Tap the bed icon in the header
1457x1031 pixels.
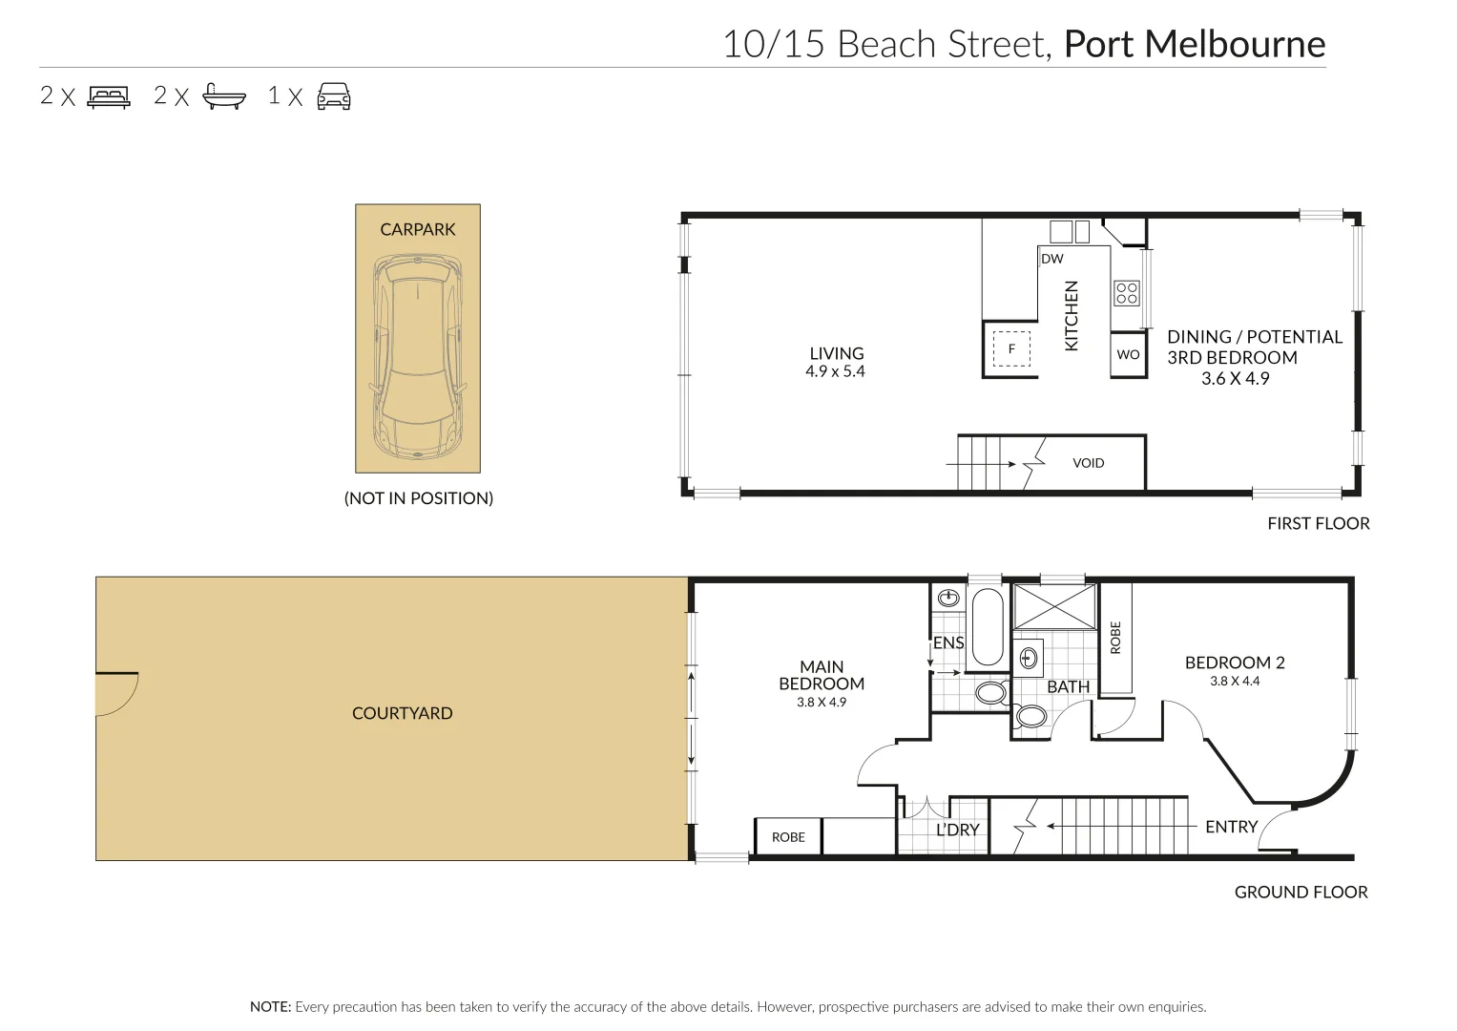tap(109, 96)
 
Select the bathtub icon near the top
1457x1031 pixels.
tap(224, 96)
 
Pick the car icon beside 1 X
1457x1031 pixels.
tap(334, 96)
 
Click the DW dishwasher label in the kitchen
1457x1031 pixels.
tap(1051, 259)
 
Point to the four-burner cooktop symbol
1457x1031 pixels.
tap(1126, 292)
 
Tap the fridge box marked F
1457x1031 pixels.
tap(1011, 349)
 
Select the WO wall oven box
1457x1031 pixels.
tap(1128, 354)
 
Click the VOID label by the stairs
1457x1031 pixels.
tap(1088, 463)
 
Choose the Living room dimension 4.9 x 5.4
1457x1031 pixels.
tap(835, 372)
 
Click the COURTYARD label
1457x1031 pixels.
tap(402, 713)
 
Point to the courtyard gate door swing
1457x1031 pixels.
tap(116, 694)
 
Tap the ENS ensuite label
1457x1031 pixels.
tap(948, 642)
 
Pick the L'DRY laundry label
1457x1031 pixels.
tap(957, 830)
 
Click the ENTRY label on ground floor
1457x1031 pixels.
tap(1231, 827)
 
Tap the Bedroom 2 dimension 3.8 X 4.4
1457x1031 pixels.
tap(1235, 682)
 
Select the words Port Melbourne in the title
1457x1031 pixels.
tap(1194, 44)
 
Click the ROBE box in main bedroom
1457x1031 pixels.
tap(788, 837)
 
